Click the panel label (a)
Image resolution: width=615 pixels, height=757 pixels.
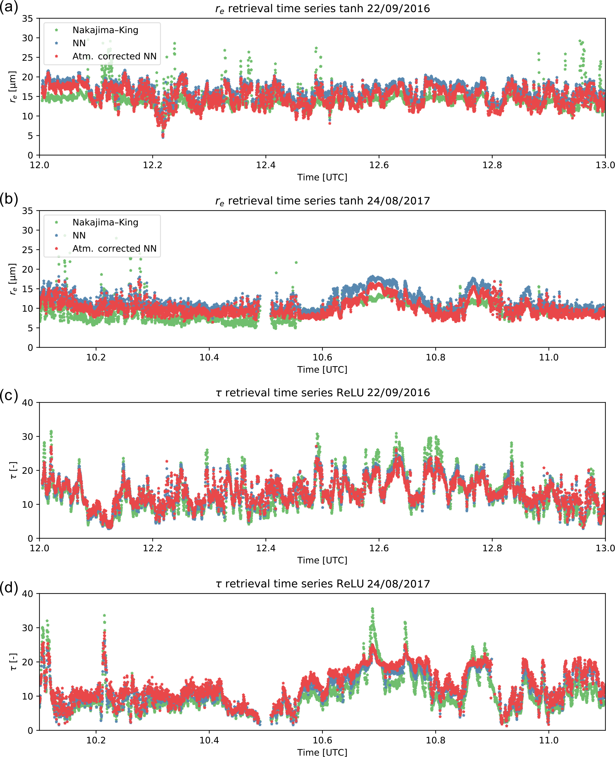[x=9, y=7]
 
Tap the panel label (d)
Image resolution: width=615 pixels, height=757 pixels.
[x=9, y=588]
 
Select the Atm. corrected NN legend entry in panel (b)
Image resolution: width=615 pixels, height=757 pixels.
[x=114, y=249]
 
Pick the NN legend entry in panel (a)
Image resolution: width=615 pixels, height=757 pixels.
[x=79, y=43]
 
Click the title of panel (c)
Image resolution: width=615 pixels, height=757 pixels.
[x=323, y=393]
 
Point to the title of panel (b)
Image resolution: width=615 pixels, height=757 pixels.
[x=323, y=201]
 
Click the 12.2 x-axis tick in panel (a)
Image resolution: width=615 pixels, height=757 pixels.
[x=152, y=165]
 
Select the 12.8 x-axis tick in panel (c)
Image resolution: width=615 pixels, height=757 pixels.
[x=492, y=548]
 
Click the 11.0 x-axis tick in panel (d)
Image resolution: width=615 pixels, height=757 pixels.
[x=548, y=740]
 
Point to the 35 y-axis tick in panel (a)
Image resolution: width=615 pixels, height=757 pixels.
[x=27, y=19]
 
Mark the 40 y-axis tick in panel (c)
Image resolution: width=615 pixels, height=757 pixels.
[x=27, y=402]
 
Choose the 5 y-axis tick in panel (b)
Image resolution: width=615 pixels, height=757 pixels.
[x=30, y=328]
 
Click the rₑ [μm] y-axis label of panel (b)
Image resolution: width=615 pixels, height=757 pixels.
[x=12, y=279]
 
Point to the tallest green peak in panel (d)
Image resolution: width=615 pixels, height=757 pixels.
[x=372, y=609]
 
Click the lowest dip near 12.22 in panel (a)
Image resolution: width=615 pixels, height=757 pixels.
[x=163, y=137]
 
